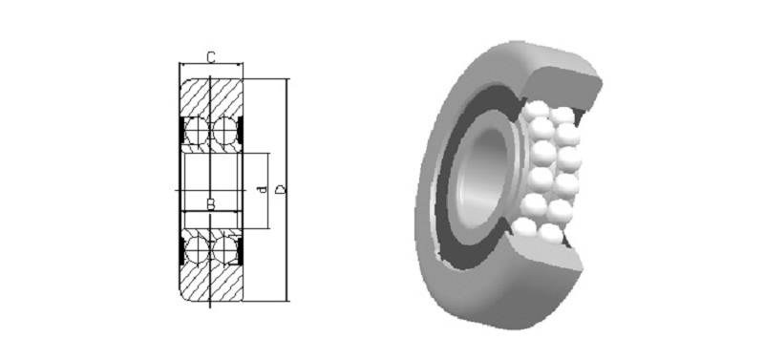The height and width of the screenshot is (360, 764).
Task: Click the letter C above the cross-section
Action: pos(210,57)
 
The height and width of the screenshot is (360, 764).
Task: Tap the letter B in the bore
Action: pos(210,204)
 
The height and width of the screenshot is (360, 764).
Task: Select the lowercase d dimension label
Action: pos(263,189)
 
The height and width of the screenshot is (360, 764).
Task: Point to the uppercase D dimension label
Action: pos(280,189)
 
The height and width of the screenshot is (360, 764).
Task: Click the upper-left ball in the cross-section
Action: pos(197,131)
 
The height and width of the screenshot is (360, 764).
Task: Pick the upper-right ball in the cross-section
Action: pos(224,131)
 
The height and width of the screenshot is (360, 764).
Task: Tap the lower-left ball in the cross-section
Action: pos(197,249)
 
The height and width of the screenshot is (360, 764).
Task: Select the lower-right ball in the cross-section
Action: pos(224,249)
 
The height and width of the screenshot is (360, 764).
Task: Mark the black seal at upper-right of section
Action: pos(240,131)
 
